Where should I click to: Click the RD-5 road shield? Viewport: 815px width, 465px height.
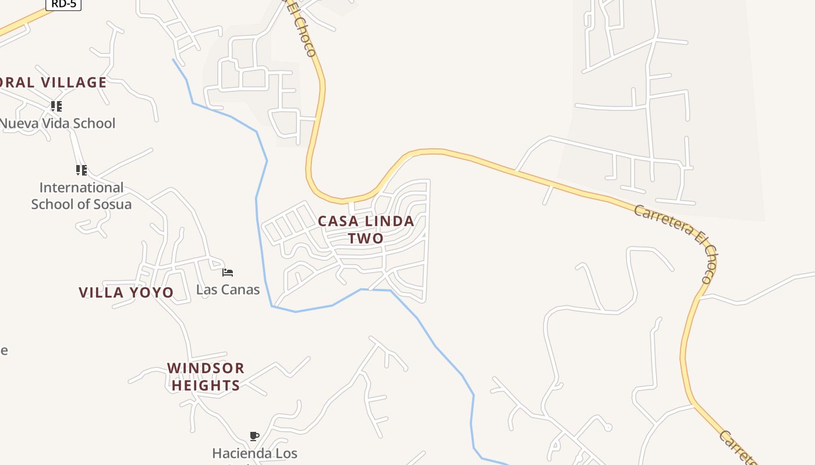click(x=63, y=4)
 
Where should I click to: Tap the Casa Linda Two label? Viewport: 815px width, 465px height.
click(x=366, y=229)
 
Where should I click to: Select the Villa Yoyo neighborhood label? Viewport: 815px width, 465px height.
click(x=126, y=292)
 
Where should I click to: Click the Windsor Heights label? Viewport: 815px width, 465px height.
click(x=205, y=377)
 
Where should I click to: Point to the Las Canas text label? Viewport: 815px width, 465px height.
click(x=228, y=289)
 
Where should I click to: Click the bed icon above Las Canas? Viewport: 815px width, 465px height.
click(x=228, y=272)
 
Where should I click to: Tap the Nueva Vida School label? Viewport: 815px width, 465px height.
click(x=58, y=123)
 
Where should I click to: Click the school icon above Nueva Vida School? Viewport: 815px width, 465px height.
click(x=56, y=106)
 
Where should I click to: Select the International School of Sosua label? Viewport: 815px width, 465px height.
click(x=81, y=196)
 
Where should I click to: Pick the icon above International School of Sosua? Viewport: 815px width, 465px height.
click(x=81, y=170)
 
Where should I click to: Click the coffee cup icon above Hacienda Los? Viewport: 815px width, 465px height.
click(x=254, y=436)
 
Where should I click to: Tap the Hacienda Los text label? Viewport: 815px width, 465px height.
click(x=254, y=453)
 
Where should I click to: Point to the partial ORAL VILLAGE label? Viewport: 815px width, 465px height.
click(x=53, y=83)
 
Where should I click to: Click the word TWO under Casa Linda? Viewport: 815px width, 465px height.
click(x=366, y=238)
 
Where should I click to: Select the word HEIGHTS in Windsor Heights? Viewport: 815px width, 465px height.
click(x=205, y=385)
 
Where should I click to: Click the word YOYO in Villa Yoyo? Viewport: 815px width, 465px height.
click(x=150, y=292)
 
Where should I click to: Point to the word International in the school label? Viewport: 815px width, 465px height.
click(x=81, y=188)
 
